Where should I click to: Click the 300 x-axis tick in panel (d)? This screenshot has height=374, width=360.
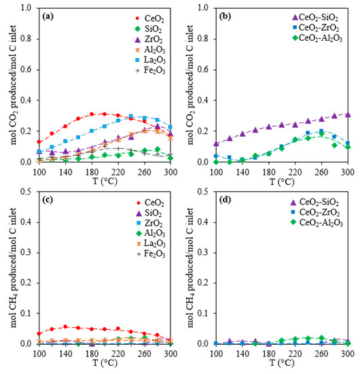348,355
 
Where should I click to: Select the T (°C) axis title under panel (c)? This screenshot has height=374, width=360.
105,366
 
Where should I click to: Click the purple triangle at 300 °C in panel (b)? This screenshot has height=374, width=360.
348,115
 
